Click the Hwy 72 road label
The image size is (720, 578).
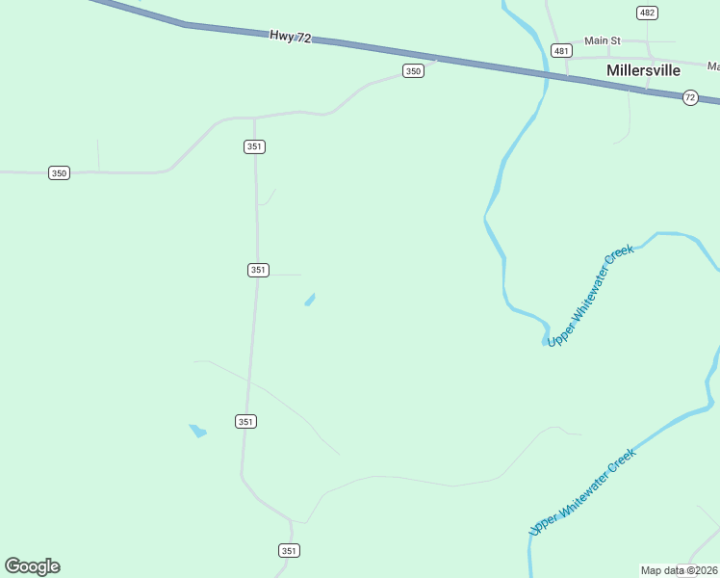point(290,36)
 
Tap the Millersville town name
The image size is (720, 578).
point(644,70)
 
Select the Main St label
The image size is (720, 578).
point(603,41)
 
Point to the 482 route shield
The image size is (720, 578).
point(647,13)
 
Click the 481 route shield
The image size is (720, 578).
point(561,50)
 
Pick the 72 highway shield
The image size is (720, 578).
point(690,97)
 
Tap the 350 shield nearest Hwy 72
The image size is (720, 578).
point(413,71)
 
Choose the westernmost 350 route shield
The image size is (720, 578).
point(60,172)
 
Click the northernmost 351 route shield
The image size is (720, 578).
point(254,146)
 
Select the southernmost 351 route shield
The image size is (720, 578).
point(290,550)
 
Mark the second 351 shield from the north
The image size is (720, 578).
point(257,270)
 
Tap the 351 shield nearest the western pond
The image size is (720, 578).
point(245,421)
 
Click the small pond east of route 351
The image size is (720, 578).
point(310,300)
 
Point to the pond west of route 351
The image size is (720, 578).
point(198,431)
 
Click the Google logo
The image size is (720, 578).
point(32,566)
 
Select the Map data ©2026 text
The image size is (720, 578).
point(680,570)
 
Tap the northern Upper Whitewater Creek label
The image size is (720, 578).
point(590,296)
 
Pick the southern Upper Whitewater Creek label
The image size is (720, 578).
point(582,491)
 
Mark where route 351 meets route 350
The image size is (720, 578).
point(254,118)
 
